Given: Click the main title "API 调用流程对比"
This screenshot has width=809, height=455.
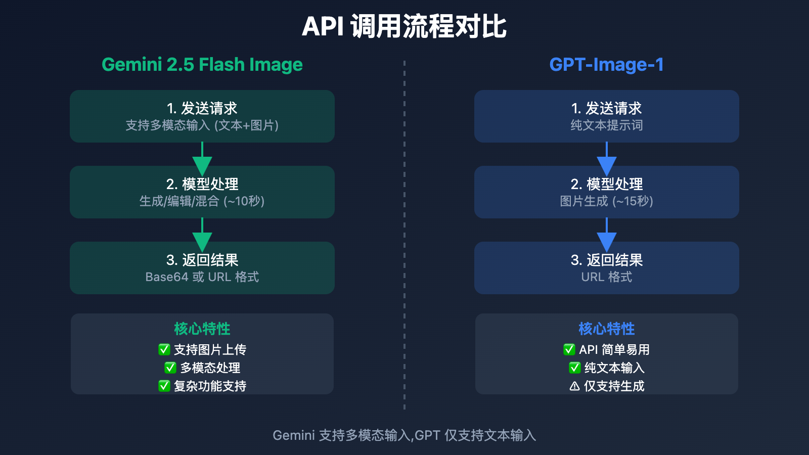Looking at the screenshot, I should (x=404, y=27).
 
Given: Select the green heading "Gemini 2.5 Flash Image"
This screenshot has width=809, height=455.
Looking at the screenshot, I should (x=202, y=65).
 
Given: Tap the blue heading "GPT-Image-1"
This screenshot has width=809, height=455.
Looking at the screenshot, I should (x=606, y=65).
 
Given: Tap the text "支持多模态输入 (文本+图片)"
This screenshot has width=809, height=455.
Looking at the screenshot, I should (x=202, y=125).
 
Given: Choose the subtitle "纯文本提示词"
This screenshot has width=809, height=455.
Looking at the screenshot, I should (x=607, y=125).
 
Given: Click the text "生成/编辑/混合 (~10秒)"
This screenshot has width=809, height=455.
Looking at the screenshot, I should (x=202, y=201).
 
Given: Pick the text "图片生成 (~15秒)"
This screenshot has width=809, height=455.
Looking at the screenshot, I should (x=607, y=201).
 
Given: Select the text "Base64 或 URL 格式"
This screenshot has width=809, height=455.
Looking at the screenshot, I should (x=202, y=277).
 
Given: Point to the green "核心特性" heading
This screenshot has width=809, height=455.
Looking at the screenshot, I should (x=202, y=329).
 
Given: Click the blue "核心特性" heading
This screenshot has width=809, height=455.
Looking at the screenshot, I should (x=607, y=329).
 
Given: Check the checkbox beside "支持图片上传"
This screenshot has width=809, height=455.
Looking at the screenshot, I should (x=164, y=349).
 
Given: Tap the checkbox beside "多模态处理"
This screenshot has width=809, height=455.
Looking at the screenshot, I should (x=170, y=368).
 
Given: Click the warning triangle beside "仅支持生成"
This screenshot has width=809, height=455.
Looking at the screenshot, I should (x=574, y=386).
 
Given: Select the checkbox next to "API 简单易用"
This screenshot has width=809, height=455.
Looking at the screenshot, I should (x=569, y=349).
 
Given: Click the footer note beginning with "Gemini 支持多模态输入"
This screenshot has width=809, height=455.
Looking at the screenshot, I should (x=404, y=435).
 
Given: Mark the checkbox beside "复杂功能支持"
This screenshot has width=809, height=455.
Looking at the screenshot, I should (x=164, y=386).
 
